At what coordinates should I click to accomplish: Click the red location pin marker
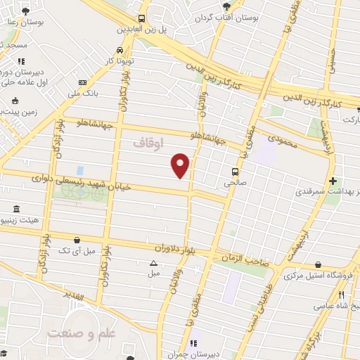[x=181, y=165]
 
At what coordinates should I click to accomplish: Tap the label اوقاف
[x=148, y=143]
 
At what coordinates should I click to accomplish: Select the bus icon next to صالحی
[x=235, y=171]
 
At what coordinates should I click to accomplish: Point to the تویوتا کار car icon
[x=120, y=50]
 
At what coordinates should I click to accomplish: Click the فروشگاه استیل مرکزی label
[x=320, y=276]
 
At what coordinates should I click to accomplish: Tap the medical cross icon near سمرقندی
[x=333, y=181]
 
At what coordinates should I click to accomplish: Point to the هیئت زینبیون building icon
[x=16, y=209]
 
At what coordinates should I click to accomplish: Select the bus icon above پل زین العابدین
[x=142, y=19]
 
